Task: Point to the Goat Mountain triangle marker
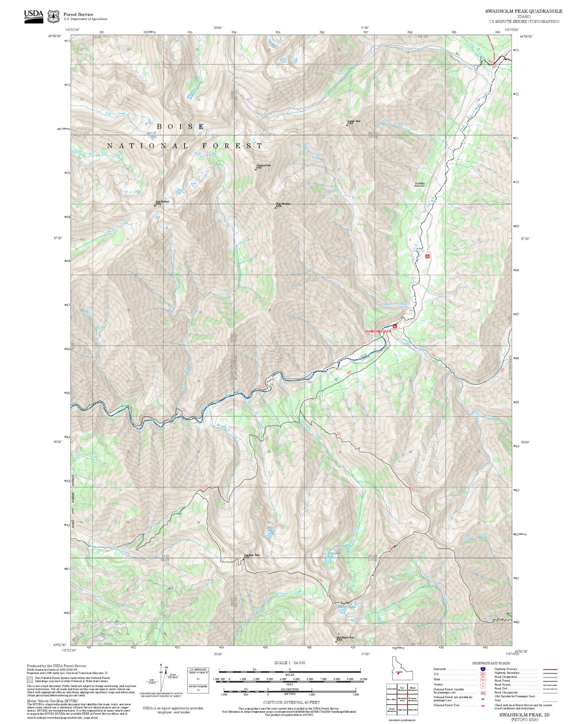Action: tap(155, 205)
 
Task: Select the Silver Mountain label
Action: tap(283, 204)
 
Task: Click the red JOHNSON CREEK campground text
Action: tap(378, 331)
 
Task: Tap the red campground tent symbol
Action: tap(395, 326)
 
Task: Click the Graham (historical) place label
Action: tap(420, 184)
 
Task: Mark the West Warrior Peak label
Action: tap(345, 638)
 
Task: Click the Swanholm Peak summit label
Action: tap(252, 555)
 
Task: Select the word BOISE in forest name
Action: tap(180, 127)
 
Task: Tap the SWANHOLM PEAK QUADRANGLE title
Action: tap(523, 11)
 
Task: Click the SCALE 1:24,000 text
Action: tap(290, 663)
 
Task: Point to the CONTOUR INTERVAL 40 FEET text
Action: tap(291, 702)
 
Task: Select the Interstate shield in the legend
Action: tap(483, 669)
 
